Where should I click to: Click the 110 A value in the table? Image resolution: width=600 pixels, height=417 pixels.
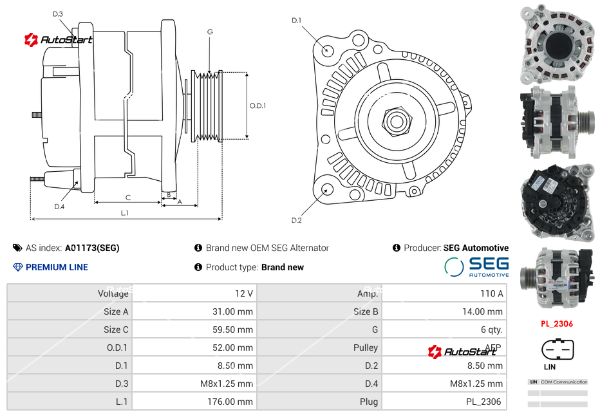(492, 293)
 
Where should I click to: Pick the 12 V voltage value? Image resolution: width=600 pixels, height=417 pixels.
(244, 293)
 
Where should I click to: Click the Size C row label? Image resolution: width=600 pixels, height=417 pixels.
(116, 329)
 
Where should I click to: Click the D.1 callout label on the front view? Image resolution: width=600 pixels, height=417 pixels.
(296, 21)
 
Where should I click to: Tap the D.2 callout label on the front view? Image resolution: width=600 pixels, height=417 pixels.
(296, 220)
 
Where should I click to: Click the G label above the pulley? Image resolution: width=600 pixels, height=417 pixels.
(210, 32)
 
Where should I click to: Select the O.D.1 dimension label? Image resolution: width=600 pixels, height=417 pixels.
(258, 106)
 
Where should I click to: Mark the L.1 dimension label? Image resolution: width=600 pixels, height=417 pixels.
(125, 213)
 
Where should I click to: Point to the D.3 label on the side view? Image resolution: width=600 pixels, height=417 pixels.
(58, 14)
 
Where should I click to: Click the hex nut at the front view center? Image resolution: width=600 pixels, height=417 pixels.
(396, 120)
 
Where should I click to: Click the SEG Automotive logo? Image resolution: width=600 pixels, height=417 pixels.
(476, 266)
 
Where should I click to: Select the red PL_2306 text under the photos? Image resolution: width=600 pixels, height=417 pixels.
(557, 324)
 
